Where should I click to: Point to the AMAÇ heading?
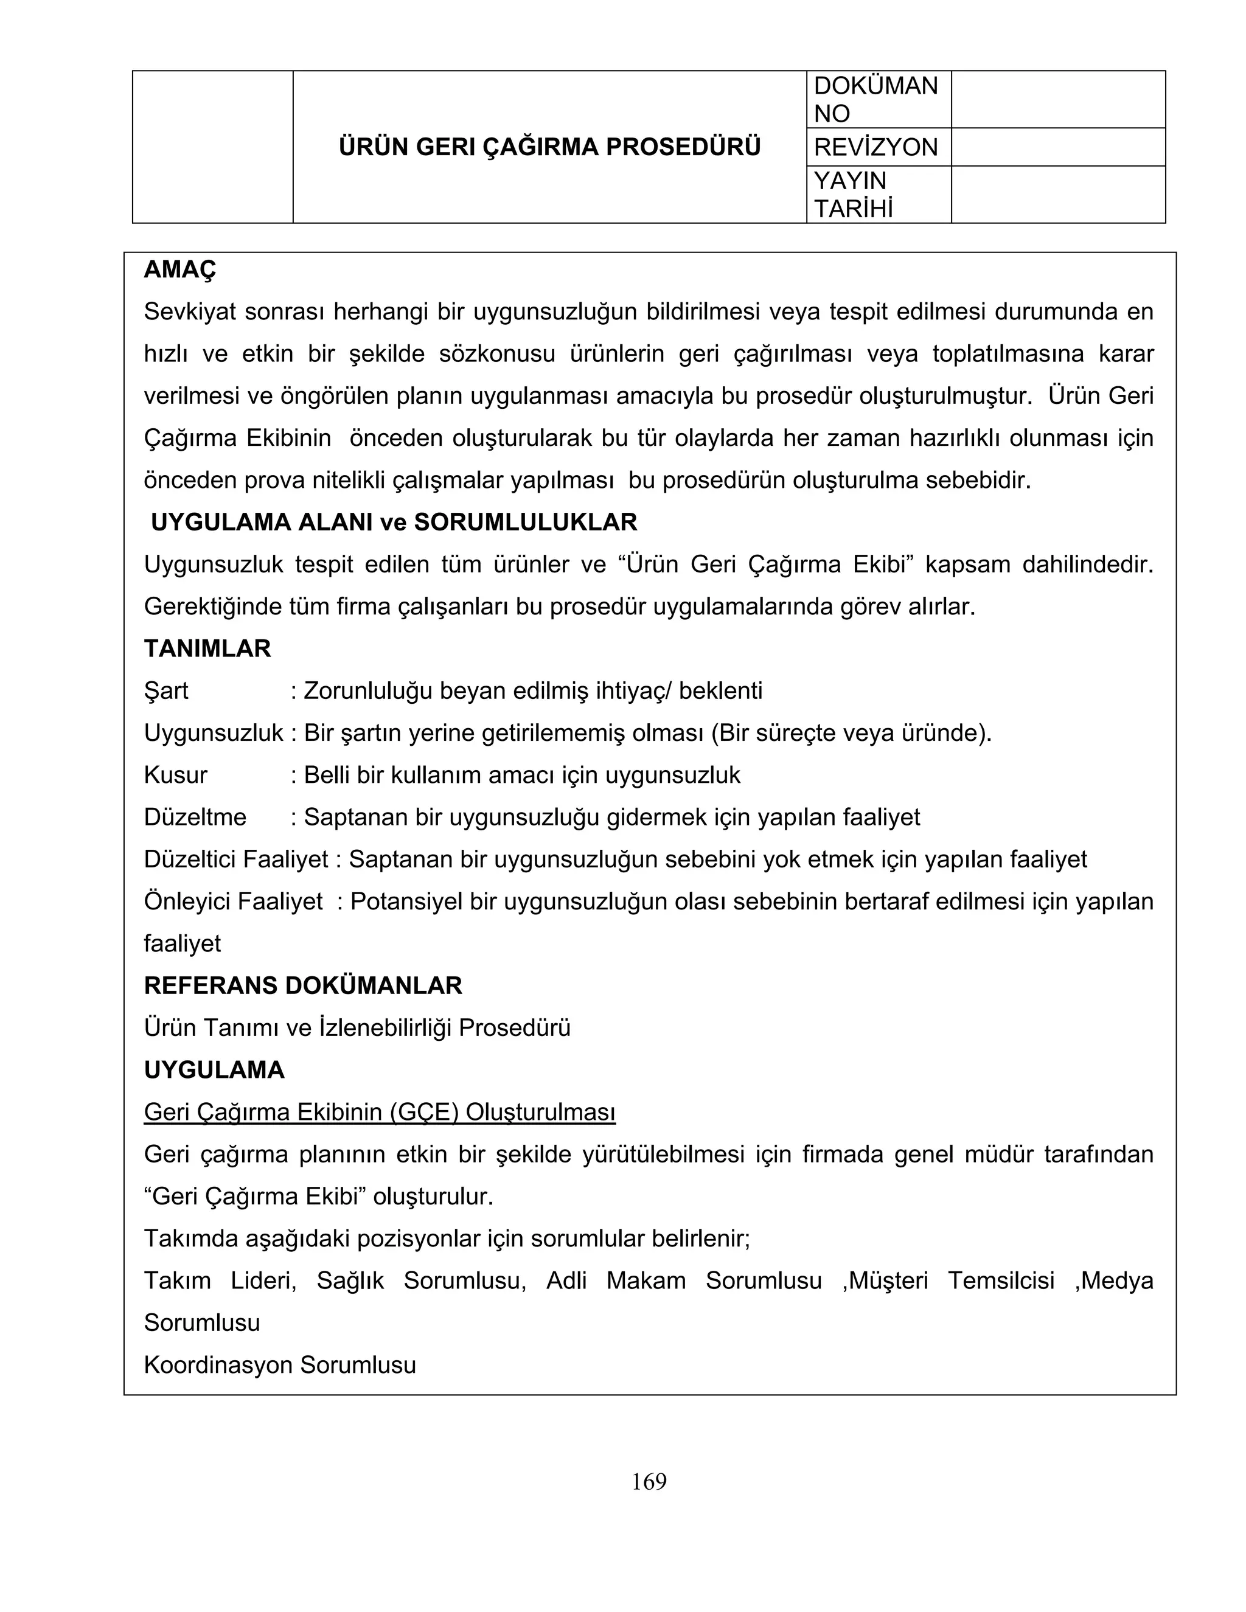pyautogui.click(x=180, y=270)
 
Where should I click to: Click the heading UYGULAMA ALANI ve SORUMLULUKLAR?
pyautogui.click(x=394, y=523)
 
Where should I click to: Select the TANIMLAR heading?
pyautogui.click(x=207, y=649)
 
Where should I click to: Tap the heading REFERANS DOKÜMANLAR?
pyautogui.click(x=302, y=985)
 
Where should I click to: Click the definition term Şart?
pyautogui.click(x=166, y=691)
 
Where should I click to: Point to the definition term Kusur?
pyautogui.click(x=176, y=775)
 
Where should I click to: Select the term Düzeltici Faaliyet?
pyautogui.click(x=236, y=859)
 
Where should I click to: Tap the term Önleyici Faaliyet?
pyautogui.click(x=233, y=902)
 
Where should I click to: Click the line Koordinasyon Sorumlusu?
pyautogui.click(x=280, y=1365)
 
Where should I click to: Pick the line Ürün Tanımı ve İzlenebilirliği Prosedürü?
pyautogui.click(x=357, y=1027)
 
